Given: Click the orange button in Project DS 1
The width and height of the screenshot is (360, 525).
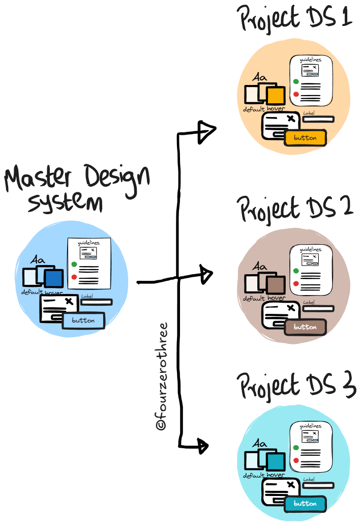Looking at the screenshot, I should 305,138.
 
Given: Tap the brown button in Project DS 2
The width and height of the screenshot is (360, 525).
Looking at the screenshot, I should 305,328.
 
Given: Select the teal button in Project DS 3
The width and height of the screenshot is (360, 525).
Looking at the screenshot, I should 305,504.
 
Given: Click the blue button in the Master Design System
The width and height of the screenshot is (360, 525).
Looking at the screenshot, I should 83,321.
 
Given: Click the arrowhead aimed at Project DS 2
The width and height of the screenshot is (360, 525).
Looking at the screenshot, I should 206,275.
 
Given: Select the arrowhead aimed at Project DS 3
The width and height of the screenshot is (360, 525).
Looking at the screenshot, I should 203,446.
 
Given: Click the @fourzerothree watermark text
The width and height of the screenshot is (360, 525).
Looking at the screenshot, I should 162,376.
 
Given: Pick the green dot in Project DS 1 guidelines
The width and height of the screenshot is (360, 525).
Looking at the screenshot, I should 296,81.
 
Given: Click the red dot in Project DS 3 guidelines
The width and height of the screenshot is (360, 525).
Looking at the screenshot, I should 296,460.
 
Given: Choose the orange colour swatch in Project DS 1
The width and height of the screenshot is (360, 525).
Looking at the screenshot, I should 275,96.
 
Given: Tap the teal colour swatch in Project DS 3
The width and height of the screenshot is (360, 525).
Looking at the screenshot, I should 275,462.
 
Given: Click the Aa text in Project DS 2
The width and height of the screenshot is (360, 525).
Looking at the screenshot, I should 260,267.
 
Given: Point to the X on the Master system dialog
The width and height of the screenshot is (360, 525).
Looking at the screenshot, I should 70,302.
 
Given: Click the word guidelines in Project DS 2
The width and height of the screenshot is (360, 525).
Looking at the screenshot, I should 310,249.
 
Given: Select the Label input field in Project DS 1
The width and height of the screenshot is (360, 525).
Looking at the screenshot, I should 318,119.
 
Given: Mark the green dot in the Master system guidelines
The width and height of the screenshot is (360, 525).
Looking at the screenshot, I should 74,264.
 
